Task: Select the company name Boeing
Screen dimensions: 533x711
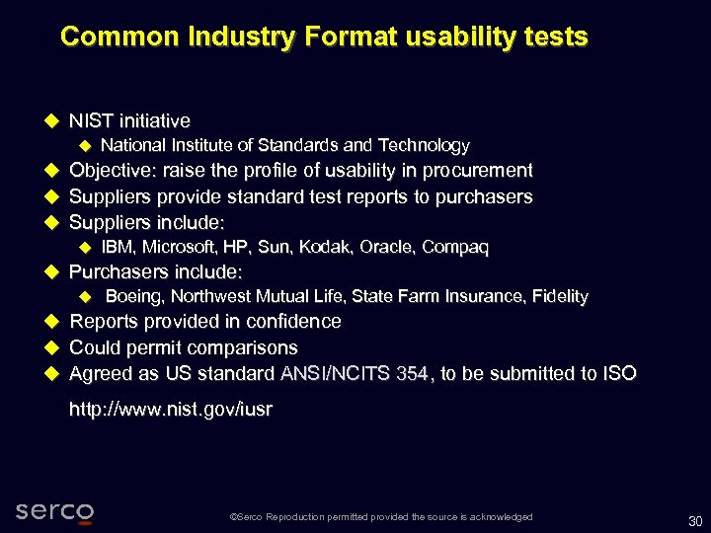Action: coord(132,296)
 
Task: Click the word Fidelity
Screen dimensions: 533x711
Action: coord(559,296)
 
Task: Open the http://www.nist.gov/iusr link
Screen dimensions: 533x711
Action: coord(170,410)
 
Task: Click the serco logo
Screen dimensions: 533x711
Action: coord(54,511)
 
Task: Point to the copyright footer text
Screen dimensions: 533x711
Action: coord(380,517)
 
